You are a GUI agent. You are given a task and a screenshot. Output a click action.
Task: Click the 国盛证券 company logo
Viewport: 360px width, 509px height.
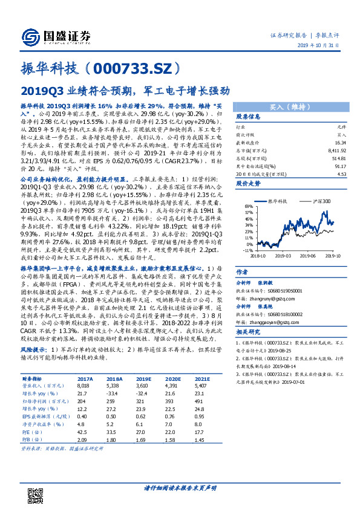pyautogui.click(x=54, y=36)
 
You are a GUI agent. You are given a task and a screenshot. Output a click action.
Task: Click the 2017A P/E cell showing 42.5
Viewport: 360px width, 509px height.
pyautogui.click(x=83, y=432)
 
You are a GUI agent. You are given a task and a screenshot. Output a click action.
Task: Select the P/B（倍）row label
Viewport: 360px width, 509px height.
pyautogui.click(x=42, y=439)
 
